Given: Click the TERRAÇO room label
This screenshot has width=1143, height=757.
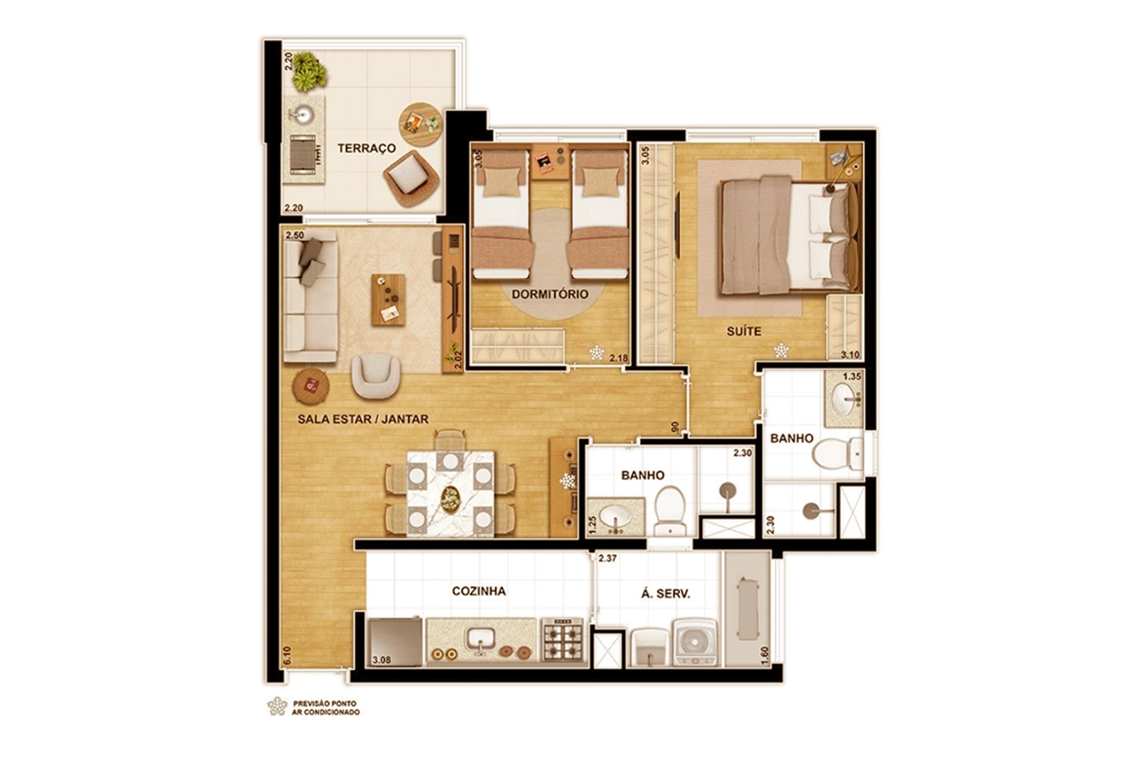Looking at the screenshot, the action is (x=367, y=148).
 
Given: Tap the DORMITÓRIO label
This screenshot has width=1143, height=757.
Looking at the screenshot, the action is (x=550, y=294).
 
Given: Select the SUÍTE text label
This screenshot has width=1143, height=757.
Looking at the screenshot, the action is (x=744, y=332).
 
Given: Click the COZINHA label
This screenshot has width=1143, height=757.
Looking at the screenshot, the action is (x=478, y=591).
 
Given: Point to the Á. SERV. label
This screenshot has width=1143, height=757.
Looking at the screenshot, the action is (x=665, y=594).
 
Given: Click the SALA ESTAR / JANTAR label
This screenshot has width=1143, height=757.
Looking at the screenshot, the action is (x=362, y=419).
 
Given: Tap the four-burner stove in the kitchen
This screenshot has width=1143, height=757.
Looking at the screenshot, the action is (x=563, y=639).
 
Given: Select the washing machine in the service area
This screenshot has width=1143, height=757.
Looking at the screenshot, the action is (x=695, y=643).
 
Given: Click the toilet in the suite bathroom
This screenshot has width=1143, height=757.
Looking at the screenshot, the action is (x=838, y=454).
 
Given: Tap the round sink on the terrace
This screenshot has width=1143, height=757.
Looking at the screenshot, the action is (x=303, y=114).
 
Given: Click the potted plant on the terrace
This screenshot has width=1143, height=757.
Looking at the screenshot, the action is (x=309, y=72).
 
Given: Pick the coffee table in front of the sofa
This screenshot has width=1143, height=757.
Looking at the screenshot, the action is (x=389, y=300).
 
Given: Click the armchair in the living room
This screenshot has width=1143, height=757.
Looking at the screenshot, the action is (x=376, y=376).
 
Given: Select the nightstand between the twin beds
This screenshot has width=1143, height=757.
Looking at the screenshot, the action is (x=549, y=162).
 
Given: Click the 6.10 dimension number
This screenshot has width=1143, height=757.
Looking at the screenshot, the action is (x=287, y=656).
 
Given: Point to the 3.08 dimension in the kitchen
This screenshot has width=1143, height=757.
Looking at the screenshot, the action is (x=381, y=660).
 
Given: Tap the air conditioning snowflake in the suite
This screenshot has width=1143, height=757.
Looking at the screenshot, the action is (x=781, y=350).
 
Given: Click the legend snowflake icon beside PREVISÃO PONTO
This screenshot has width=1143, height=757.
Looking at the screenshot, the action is (x=277, y=706).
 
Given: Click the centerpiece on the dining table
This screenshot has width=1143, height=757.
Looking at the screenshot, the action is (x=450, y=499).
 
